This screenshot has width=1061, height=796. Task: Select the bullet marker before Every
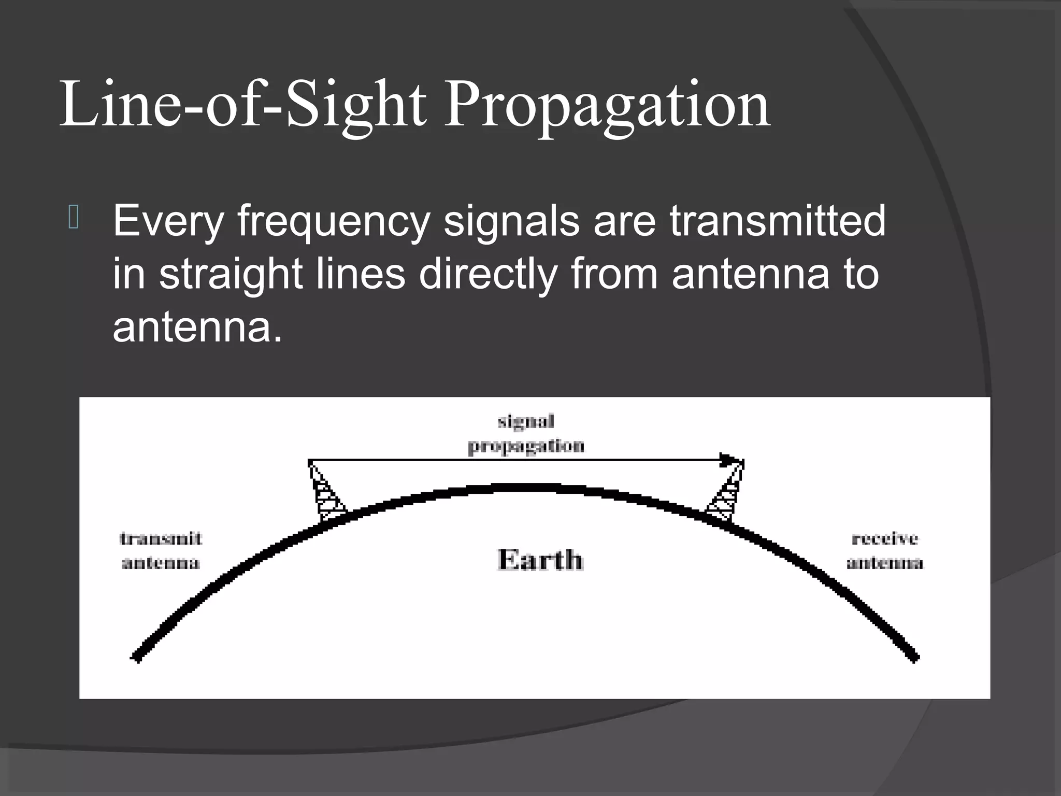click(74, 218)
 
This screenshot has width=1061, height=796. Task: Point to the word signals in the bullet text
click(511, 221)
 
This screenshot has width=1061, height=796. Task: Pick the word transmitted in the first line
click(778, 221)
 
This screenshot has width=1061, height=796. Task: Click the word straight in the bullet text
click(231, 275)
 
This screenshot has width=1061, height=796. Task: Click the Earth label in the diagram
click(540, 560)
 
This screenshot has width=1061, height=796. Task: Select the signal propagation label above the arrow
click(526, 433)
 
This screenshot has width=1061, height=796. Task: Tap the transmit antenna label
click(161, 550)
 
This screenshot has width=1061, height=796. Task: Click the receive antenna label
click(885, 550)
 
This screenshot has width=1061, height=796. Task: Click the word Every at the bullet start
click(168, 222)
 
